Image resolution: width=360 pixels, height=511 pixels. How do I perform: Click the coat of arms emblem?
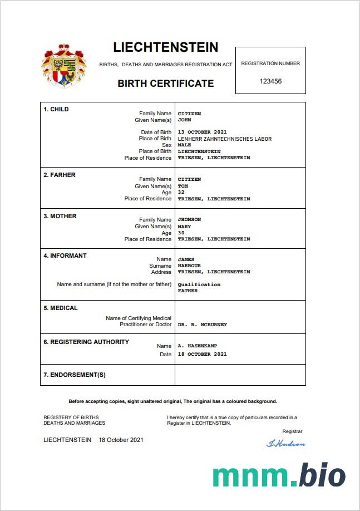(x=64, y=65)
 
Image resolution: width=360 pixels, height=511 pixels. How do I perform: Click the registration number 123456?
(x=270, y=81)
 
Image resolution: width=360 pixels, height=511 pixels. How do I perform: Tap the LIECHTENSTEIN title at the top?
(x=165, y=47)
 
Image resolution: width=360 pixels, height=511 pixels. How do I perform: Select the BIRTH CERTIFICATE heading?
(x=165, y=83)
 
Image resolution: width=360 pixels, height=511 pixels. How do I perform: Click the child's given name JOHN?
(x=184, y=120)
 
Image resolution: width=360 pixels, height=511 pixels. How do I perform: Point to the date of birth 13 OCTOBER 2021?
(x=202, y=132)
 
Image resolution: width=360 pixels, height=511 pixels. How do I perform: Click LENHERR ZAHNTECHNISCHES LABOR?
(x=224, y=139)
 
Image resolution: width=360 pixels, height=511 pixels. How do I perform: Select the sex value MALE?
(x=184, y=145)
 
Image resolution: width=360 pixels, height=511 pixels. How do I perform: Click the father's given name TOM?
(x=183, y=186)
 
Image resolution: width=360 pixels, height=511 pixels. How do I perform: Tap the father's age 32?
(x=181, y=193)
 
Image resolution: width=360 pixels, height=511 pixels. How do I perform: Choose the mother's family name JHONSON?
(x=189, y=219)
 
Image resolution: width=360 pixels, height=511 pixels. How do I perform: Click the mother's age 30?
(x=181, y=233)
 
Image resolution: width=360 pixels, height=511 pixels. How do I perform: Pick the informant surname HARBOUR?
(x=189, y=266)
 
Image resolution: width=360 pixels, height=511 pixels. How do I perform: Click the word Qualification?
(x=199, y=284)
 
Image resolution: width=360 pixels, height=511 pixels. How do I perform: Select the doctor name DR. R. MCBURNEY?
(x=202, y=324)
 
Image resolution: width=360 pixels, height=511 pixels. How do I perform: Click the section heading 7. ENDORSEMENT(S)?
(x=74, y=375)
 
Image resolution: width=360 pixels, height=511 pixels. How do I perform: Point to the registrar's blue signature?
(x=286, y=444)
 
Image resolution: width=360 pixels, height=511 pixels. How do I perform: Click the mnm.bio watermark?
(x=279, y=475)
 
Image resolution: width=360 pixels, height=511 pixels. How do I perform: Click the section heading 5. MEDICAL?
(x=61, y=308)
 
